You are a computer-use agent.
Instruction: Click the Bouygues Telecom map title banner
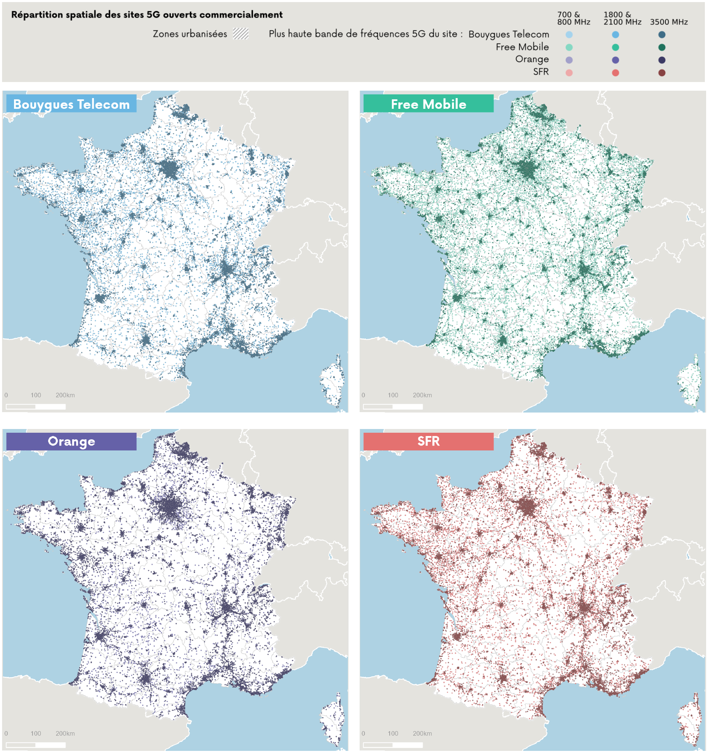coord(71,104)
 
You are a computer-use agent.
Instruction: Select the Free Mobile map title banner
coord(428,104)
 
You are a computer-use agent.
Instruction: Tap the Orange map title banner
coord(71,441)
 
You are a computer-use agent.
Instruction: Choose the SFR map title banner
coord(428,441)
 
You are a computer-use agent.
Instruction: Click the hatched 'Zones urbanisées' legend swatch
coord(241,34)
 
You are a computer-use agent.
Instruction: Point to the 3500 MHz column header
coord(669,22)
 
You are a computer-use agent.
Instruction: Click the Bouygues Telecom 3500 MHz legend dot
coord(662,35)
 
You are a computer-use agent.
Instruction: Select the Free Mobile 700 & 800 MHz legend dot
coord(569,47)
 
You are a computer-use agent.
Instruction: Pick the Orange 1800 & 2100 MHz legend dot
coord(615,60)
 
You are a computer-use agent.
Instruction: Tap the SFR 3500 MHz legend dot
coord(662,73)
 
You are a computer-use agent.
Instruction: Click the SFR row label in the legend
coord(541,72)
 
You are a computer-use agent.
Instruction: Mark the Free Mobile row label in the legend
coord(522,47)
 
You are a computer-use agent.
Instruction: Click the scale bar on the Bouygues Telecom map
coord(36,407)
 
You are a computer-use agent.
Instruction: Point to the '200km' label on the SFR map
coord(422,734)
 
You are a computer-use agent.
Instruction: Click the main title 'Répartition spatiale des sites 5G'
coord(147,15)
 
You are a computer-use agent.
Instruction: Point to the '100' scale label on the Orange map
coord(36,734)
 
